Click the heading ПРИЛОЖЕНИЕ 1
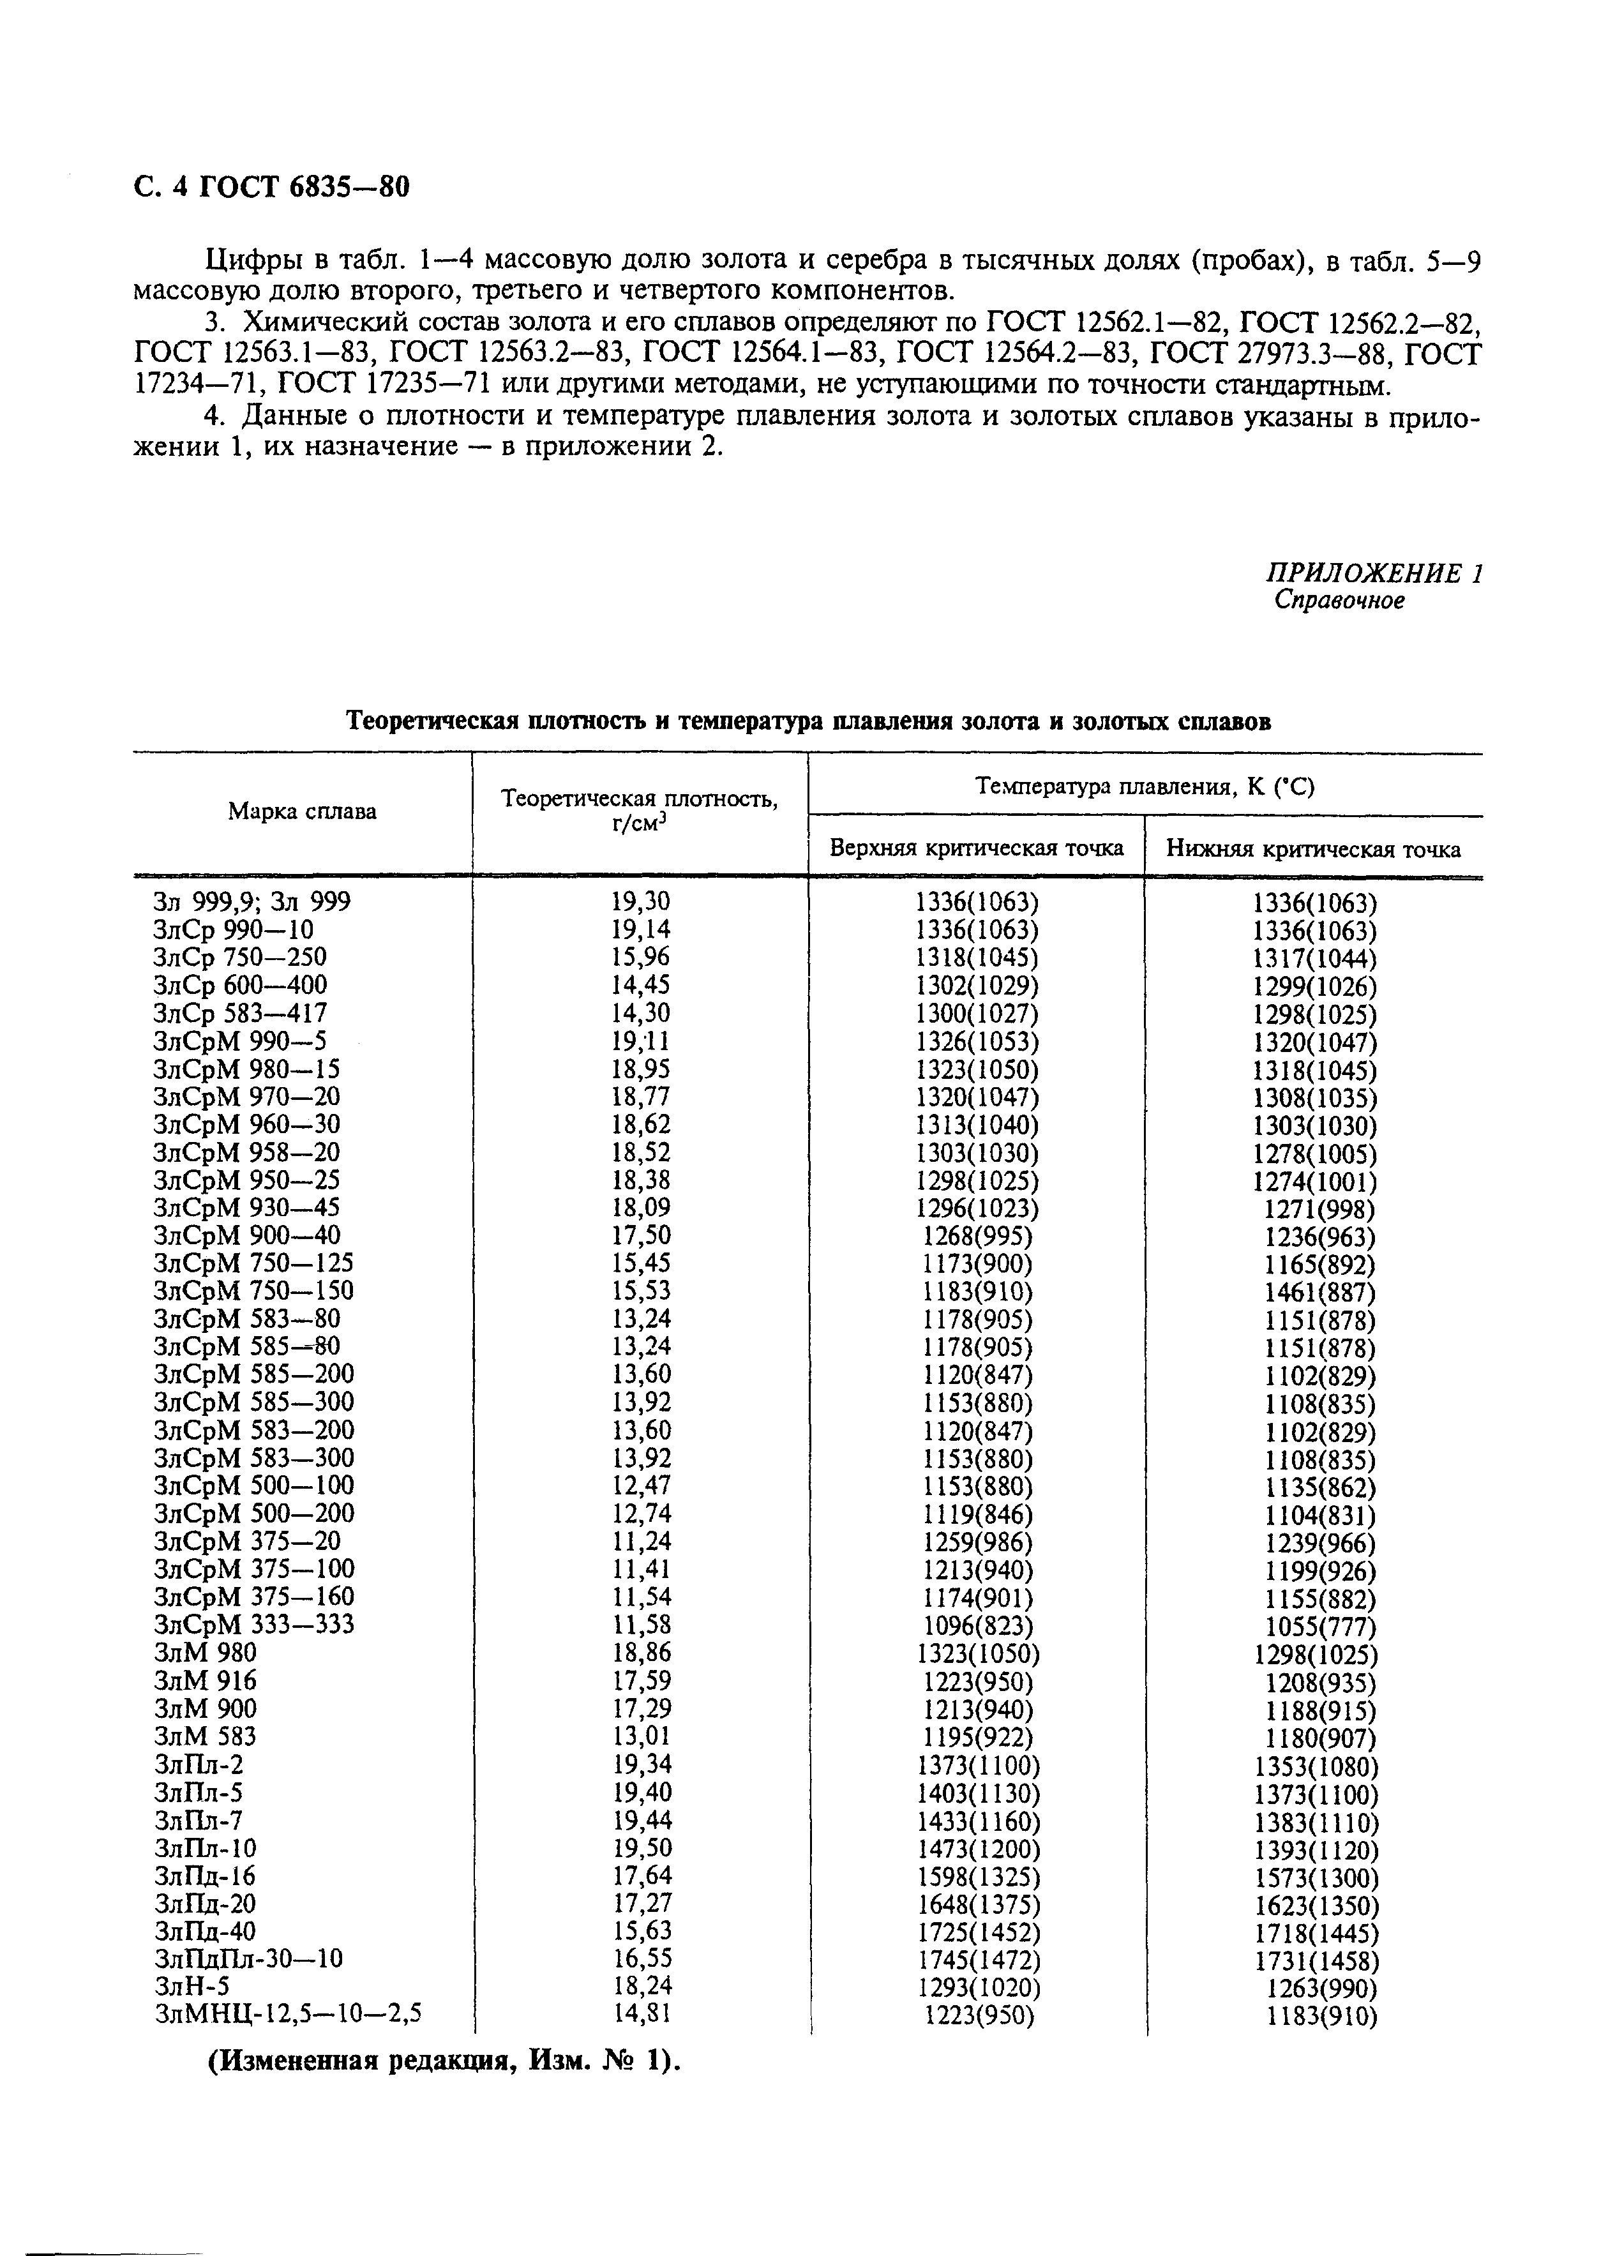pyautogui.click(x=1373, y=574)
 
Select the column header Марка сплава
pyautogui.click(x=303, y=811)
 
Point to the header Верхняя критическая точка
pyautogui.click(x=977, y=848)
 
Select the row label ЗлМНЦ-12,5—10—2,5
pyautogui.click(x=289, y=2015)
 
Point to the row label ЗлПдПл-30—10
pyautogui.click(x=248, y=1959)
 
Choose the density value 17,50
pyautogui.click(x=640, y=1236)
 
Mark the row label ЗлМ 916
pyautogui.click(x=205, y=1680)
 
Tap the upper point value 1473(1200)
pyautogui.click(x=977, y=1848)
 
